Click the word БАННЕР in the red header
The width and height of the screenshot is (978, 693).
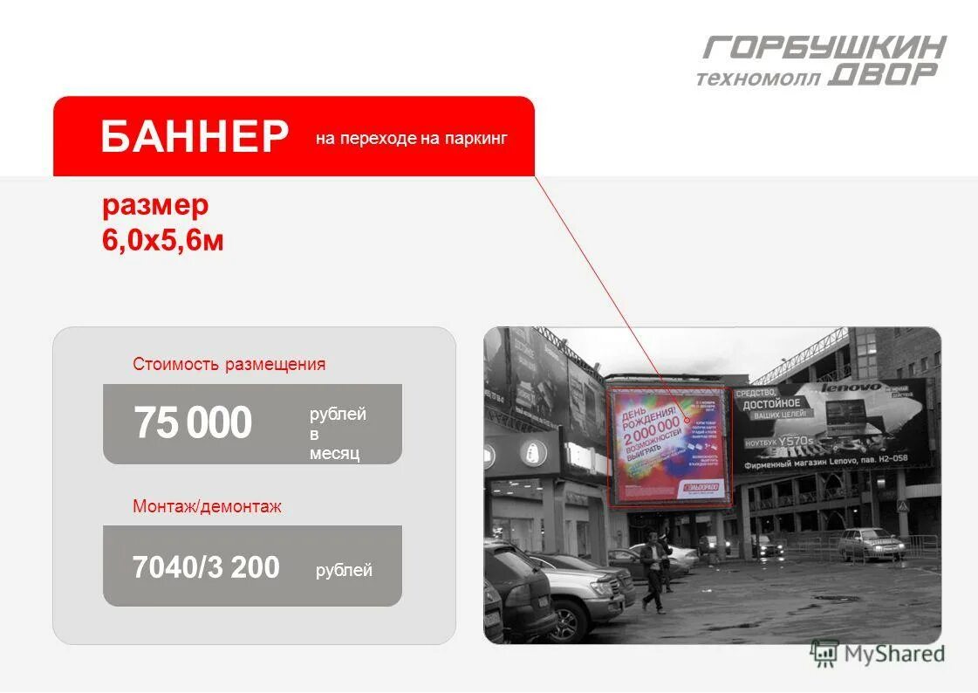point(195,137)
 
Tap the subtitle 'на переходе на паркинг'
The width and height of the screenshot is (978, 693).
point(411,138)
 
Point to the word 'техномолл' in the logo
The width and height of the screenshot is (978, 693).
point(758,79)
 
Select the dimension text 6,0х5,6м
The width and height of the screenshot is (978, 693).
point(163,240)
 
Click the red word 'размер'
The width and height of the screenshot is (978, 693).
point(155,206)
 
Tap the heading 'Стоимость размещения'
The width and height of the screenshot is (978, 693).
point(229,364)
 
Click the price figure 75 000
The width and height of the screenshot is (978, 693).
point(193,423)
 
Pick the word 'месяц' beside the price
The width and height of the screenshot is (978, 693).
point(334,454)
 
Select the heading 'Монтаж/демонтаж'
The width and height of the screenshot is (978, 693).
point(207,506)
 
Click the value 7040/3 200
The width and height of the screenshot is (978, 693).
point(206,568)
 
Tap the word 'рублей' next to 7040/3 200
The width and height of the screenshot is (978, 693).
point(344,571)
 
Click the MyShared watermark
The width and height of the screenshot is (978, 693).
point(877,652)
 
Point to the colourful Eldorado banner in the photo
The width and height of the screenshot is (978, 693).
point(669,445)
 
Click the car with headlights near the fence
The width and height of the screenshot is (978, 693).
point(871,545)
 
